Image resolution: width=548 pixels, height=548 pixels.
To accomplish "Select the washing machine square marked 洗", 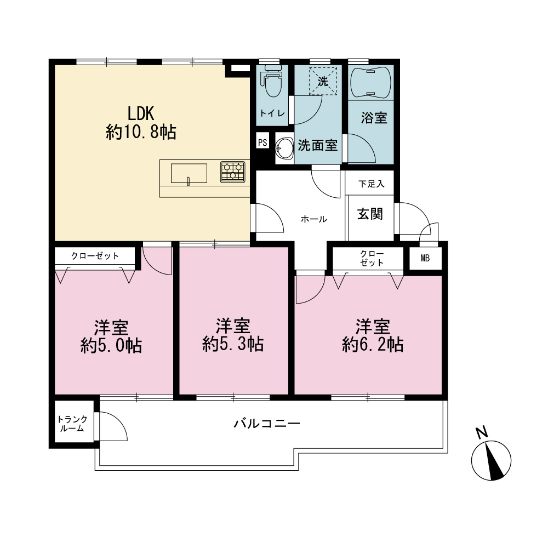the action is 323,81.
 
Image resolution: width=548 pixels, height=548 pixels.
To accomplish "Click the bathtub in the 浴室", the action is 370,82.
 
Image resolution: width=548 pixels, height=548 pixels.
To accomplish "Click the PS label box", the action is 262,142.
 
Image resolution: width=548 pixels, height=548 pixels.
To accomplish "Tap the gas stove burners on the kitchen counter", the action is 233,172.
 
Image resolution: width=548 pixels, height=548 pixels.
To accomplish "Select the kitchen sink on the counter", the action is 189,173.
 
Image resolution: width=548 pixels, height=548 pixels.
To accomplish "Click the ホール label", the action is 313,219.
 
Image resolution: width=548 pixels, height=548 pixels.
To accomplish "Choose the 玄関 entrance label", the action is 370,214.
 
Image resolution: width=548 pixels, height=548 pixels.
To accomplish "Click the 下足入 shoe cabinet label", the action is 371,184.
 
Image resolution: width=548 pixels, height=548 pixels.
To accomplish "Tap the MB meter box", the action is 425,258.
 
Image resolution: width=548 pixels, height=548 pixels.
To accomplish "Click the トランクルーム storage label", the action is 72,424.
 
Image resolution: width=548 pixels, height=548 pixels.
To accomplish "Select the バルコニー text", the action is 267,424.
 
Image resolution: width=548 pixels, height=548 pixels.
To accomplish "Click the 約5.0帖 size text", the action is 111,345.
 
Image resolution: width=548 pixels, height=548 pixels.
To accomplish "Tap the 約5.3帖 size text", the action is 233,344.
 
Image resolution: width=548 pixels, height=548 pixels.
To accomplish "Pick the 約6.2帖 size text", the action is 373,344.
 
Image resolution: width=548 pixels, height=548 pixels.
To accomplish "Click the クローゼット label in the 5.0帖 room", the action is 95,256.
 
